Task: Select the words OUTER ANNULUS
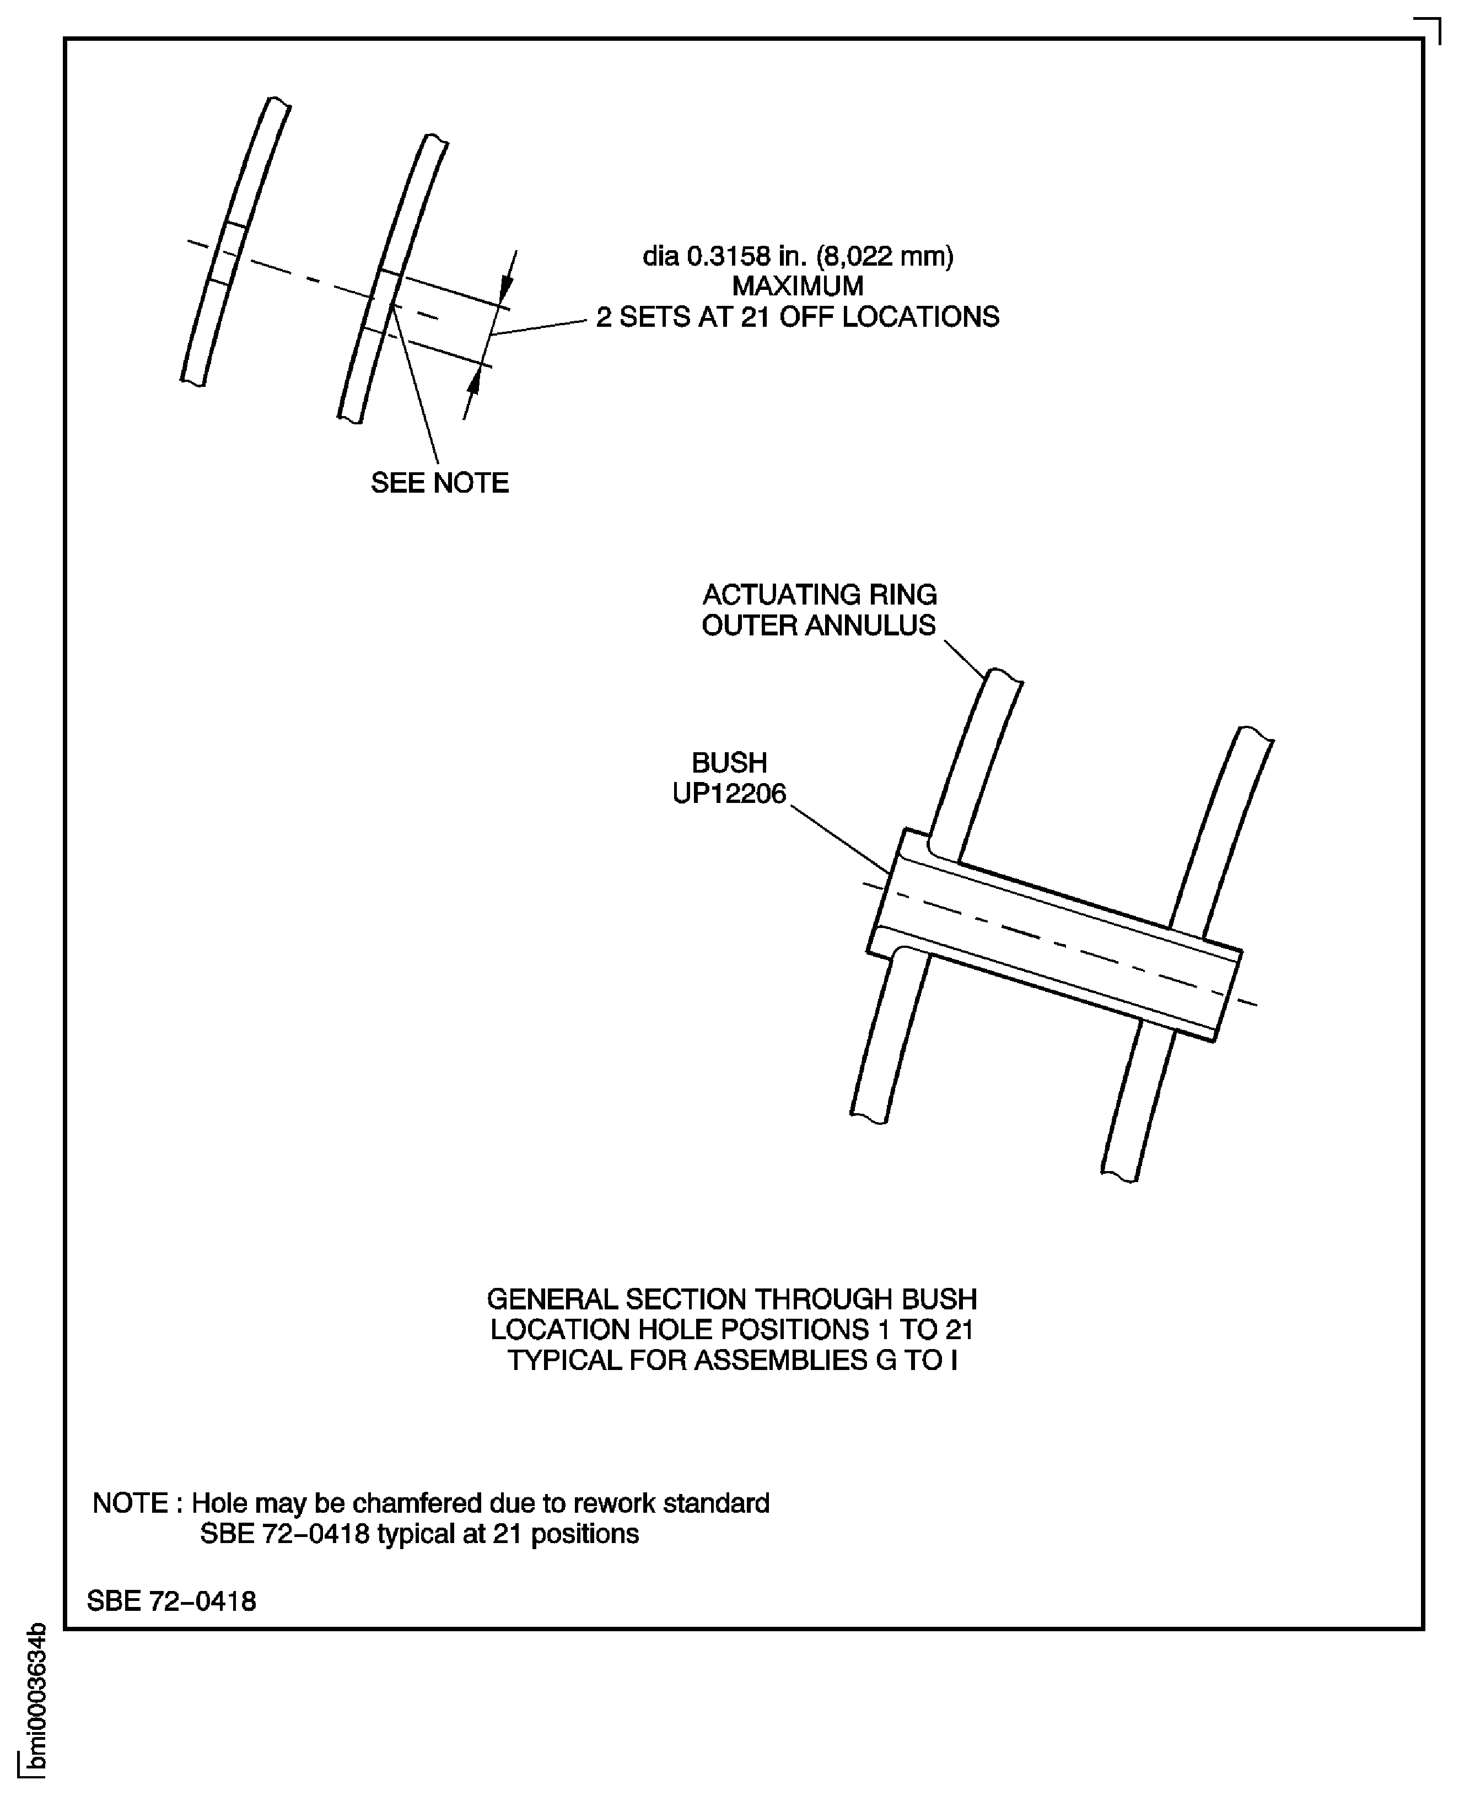[x=819, y=625]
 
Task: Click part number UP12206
[x=729, y=794]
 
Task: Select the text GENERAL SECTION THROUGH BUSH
[x=731, y=1299]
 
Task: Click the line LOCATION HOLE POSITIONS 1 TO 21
[x=731, y=1330]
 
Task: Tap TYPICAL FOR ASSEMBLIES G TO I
[x=731, y=1360]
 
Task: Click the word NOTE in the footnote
[x=130, y=1503]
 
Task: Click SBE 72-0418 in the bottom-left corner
[x=171, y=1601]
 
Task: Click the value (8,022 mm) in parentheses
[x=884, y=256]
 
